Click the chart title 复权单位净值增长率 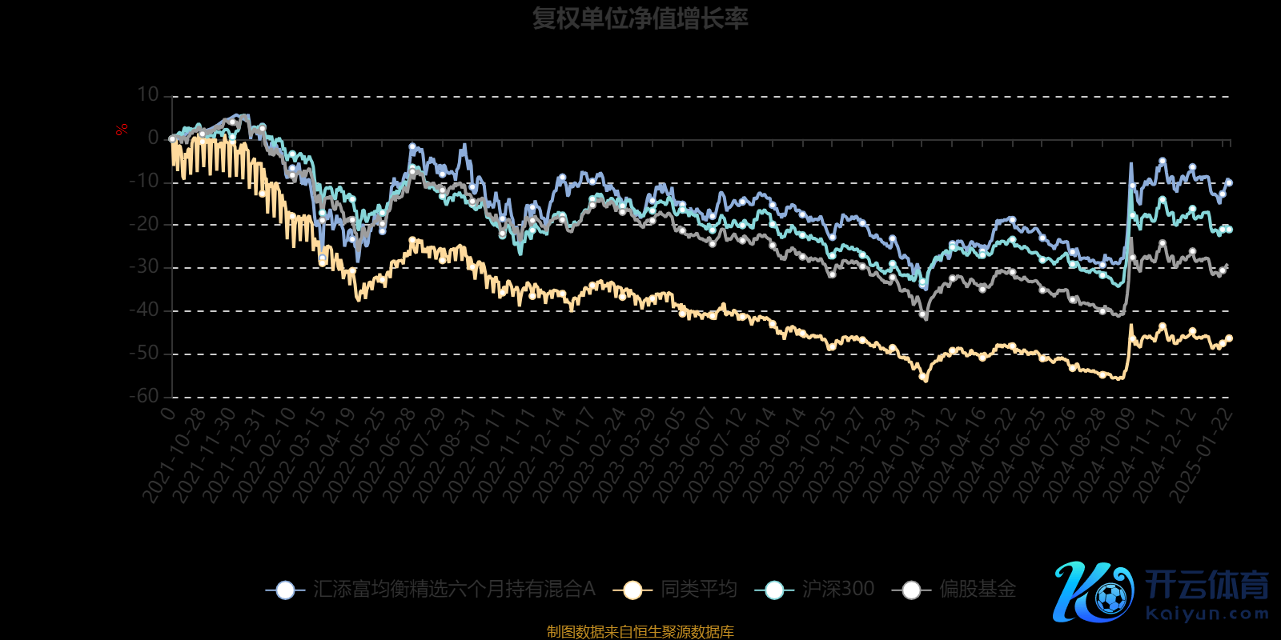640,18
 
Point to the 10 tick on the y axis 148,95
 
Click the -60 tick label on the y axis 145,396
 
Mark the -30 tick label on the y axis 145,267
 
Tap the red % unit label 122,130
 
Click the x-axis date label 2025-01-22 1201,454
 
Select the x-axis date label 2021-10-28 175,454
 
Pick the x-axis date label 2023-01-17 564,454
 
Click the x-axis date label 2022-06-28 384,454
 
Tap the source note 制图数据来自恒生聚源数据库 640,632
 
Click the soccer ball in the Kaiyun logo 1110,598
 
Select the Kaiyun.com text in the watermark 1207,614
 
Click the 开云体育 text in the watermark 1207,585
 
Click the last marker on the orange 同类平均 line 1229,338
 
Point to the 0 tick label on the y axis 154,138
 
